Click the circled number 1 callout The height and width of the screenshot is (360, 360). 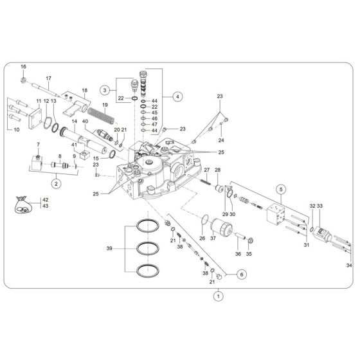pyautogui.click(x=218, y=297)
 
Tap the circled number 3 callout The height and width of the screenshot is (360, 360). pyautogui.click(x=104, y=89)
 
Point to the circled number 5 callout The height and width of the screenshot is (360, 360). pyautogui.click(x=280, y=189)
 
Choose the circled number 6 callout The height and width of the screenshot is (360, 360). pyautogui.click(x=242, y=274)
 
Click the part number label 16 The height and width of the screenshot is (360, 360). pyautogui.click(x=23, y=67)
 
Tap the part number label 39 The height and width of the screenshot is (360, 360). pyautogui.click(x=109, y=248)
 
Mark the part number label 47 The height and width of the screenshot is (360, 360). pyautogui.click(x=154, y=125)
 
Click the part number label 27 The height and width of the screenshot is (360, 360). pyautogui.click(x=208, y=170)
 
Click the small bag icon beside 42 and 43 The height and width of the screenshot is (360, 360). pyautogui.click(x=21, y=204)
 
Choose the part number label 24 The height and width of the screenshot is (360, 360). pyautogui.click(x=222, y=140)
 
